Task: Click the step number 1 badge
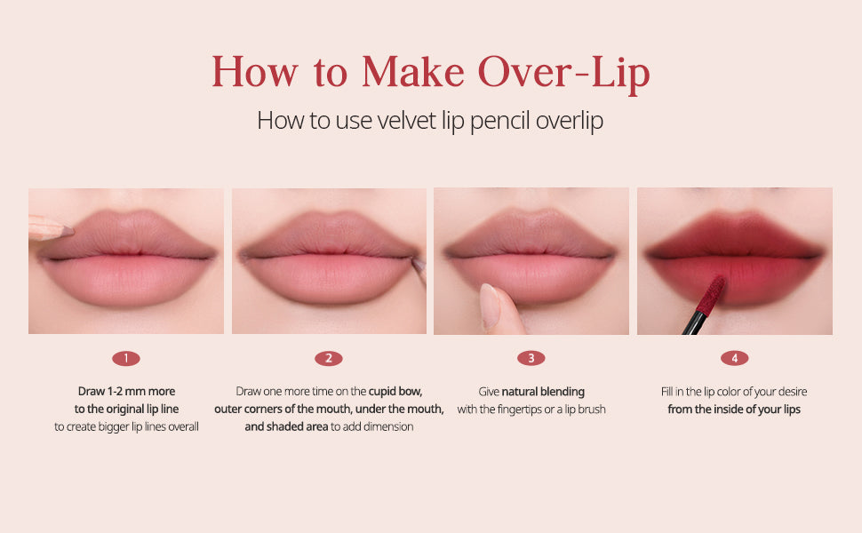(x=126, y=359)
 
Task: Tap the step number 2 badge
(x=329, y=359)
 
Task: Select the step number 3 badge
(x=531, y=359)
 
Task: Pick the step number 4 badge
(x=735, y=359)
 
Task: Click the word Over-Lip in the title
(x=563, y=73)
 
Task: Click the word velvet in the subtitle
(x=401, y=121)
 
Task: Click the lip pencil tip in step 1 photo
(x=66, y=230)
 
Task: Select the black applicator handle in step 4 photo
(x=692, y=325)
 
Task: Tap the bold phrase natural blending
(x=543, y=392)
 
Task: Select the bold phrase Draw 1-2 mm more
(x=126, y=392)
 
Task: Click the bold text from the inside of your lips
(x=734, y=410)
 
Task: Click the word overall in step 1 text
(x=180, y=427)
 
